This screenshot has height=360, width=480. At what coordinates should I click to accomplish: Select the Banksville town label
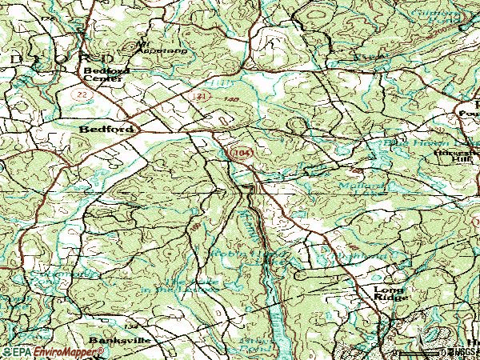click(x=110, y=340)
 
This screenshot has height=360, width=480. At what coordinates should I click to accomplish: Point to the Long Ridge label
click(x=391, y=293)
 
